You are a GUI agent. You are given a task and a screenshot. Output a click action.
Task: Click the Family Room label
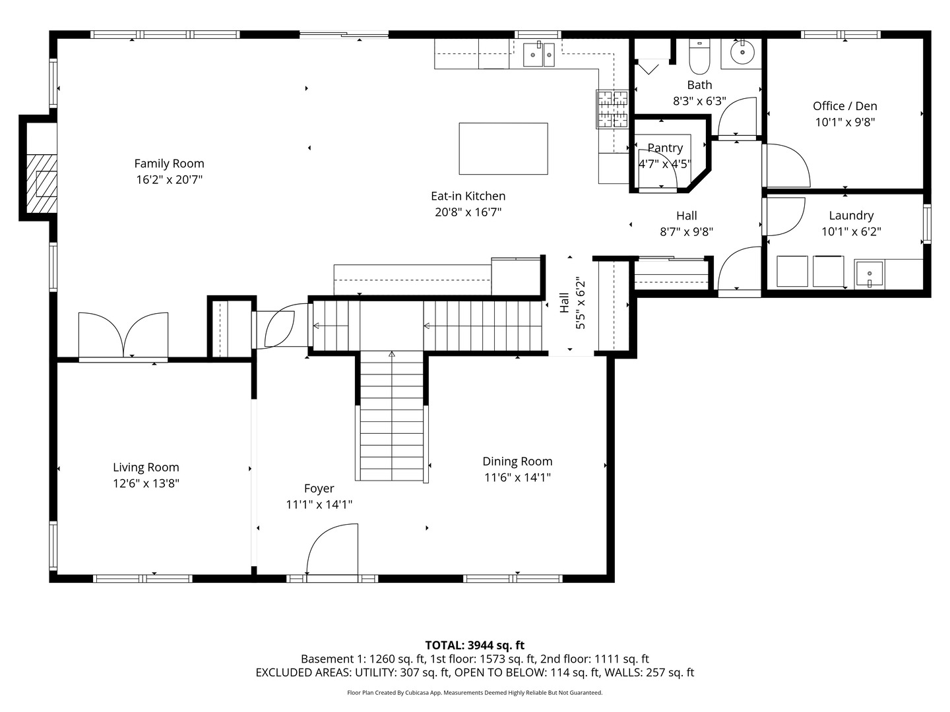tap(169, 163)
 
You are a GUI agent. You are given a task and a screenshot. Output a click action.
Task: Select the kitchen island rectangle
tap(503, 148)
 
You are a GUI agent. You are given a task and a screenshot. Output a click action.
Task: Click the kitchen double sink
tap(539, 55)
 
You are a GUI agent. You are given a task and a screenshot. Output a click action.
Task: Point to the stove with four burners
tap(612, 109)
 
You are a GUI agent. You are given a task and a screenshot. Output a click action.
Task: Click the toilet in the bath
tap(699, 57)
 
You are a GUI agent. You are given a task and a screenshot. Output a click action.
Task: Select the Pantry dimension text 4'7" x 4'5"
tap(664, 164)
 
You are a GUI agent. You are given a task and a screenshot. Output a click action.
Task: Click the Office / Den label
tap(844, 106)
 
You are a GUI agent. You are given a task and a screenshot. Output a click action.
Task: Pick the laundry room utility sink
tap(870, 274)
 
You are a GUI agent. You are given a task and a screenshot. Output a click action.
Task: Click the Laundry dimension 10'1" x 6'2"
tap(851, 231)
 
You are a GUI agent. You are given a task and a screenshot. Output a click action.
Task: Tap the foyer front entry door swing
tap(331, 550)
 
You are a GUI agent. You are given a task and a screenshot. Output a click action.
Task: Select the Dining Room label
tap(517, 461)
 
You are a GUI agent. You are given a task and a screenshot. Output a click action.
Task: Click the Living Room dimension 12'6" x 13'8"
tap(146, 483)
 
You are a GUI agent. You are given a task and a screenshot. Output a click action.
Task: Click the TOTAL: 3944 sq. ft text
tap(474, 645)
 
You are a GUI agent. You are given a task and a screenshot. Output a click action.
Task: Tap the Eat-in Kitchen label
tap(468, 196)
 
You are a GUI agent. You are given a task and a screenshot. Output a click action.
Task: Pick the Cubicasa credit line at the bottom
tap(474, 693)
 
